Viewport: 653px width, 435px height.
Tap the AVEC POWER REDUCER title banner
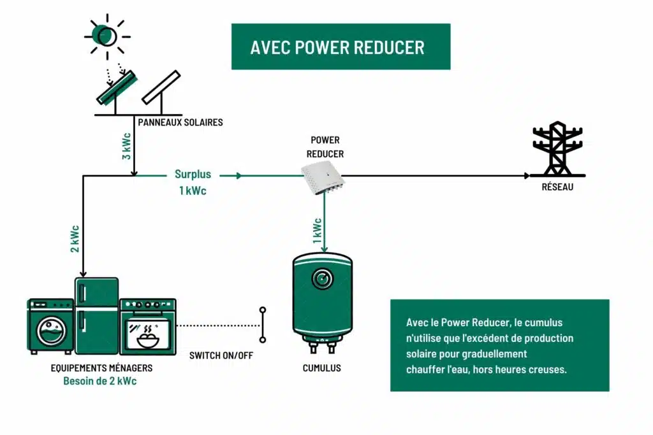pos(341,47)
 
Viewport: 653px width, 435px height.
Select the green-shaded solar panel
pos(116,87)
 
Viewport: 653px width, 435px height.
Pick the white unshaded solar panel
pos(161,87)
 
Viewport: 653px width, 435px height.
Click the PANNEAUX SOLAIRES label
pos(180,122)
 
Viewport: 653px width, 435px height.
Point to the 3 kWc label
pos(126,146)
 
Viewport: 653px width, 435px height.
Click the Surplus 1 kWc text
pos(192,182)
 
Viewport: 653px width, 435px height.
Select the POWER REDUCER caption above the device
pos(325,146)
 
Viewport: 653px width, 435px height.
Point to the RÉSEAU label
pos(557,187)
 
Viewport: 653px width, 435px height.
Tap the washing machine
pos(50,327)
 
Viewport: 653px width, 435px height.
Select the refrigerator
pos(96,315)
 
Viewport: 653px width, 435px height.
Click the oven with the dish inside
pos(147,326)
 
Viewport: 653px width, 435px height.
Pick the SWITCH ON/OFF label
pos(221,355)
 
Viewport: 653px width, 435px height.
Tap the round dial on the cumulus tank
pos(321,278)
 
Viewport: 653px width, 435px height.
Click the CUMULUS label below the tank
pos(322,368)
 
